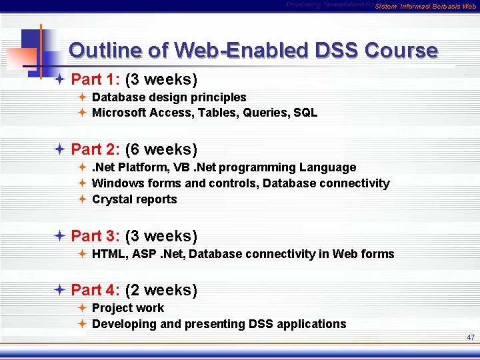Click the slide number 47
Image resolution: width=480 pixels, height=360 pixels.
pyautogui.click(x=471, y=338)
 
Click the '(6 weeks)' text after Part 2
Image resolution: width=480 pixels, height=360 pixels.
pyautogui.click(x=161, y=149)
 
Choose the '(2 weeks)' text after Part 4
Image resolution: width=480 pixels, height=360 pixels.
pyautogui.click(x=161, y=290)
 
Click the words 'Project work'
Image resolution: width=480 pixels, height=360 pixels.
pyautogui.click(x=128, y=308)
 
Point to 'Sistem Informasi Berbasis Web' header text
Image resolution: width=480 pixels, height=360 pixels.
pyautogui.click(x=425, y=7)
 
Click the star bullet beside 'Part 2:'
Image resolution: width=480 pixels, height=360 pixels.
pyautogui.click(x=59, y=149)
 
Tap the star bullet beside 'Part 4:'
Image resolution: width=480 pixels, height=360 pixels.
pyautogui.click(x=59, y=290)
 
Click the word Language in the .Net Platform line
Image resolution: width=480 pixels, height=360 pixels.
pyautogui.click(x=327, y=167)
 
